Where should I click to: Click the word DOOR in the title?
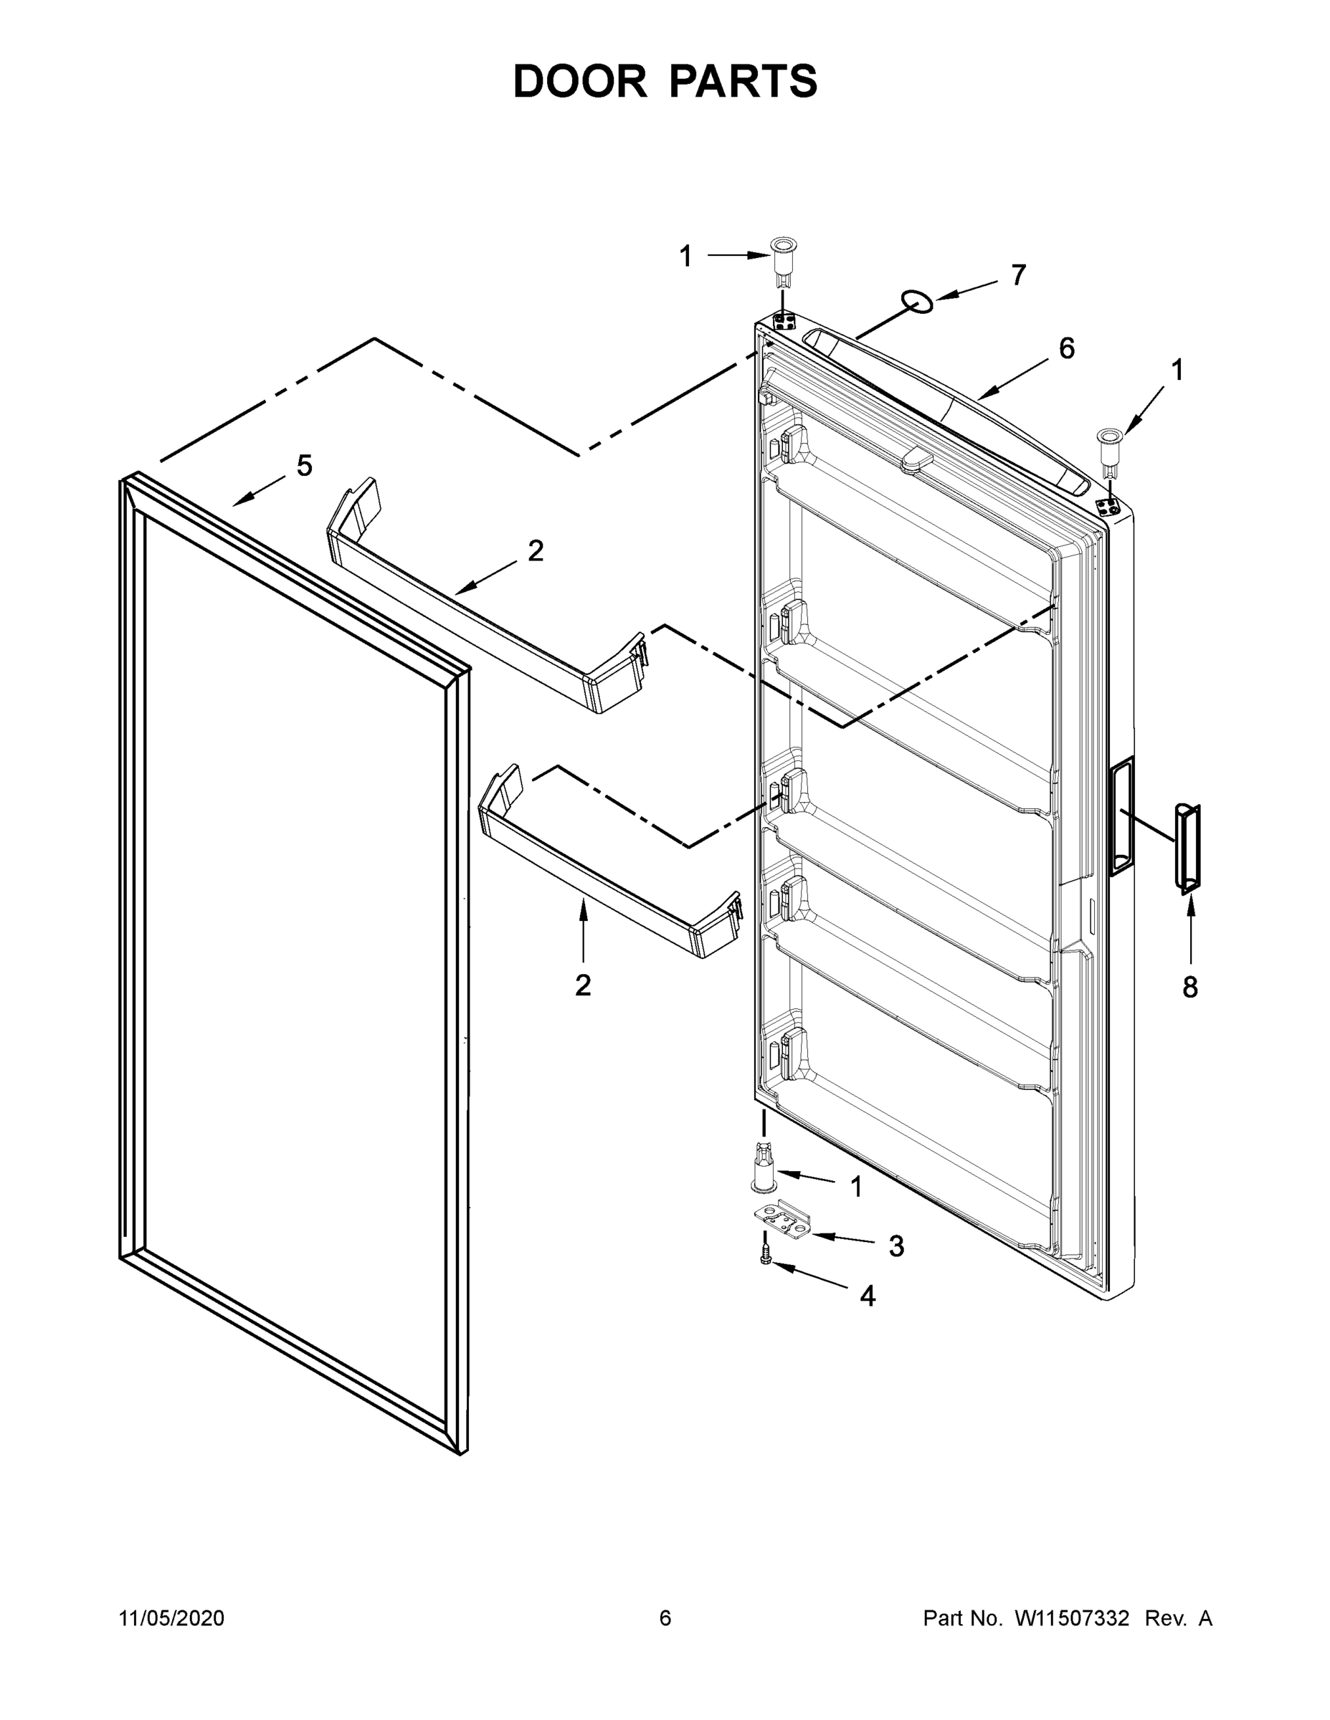pos(579,82)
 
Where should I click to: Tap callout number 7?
pos(1018,276)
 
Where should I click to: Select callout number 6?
pos(1066,348)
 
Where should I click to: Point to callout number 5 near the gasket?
pos(304,467)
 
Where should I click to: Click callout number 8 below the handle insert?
pos(1189,987)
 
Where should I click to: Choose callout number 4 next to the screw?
pos(868,1296)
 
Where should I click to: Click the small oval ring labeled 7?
pos(917,301)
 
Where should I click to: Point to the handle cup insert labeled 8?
pos(1187,849)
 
